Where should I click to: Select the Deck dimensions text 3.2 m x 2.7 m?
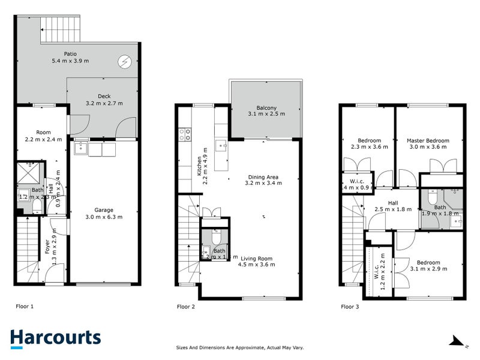tap(104, 103)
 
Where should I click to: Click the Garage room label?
tap(104, 210)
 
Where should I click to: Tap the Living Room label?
tap(256, 259)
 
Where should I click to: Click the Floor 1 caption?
tap(25, 306)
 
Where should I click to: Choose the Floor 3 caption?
tap(350, 306)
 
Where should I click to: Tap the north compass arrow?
tap(458, 342)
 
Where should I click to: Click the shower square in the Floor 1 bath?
tap(27, 173)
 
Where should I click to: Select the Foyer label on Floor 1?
tap(48, 248)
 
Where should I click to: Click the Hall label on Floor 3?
tap(393, 203)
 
